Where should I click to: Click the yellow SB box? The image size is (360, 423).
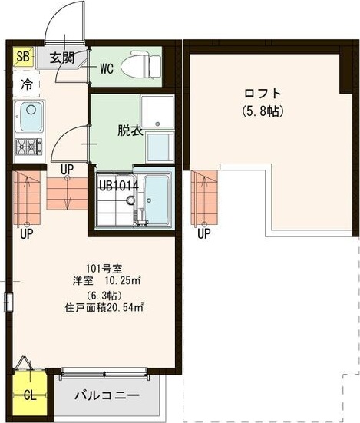click(22, 57)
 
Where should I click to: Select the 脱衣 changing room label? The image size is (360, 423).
click(130, 130)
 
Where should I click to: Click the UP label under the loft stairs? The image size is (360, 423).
click(203, 234)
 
